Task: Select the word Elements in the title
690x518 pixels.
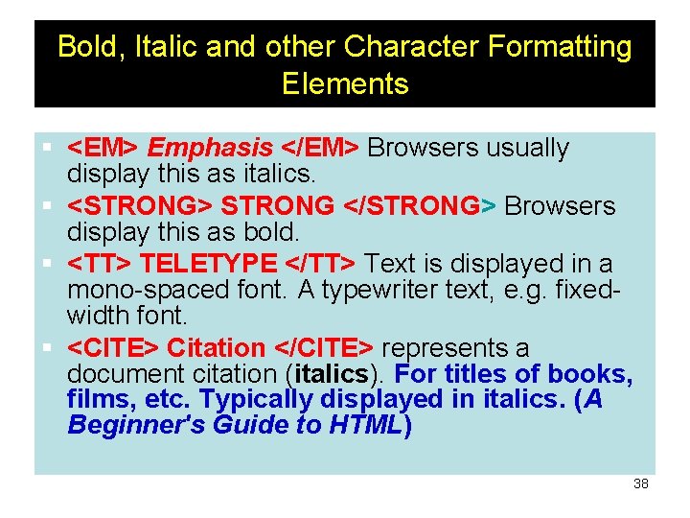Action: click(x=345, y=83)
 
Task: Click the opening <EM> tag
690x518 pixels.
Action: click(x=103, y=149)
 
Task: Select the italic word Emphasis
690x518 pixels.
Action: click(x=211, y=149)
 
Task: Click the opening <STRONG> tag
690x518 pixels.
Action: click(x=140, y=206)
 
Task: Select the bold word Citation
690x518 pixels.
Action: click(x=216, y=348)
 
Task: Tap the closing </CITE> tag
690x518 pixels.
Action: click(x=327, y=348)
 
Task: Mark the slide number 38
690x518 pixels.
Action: click(x=641, y=483)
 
